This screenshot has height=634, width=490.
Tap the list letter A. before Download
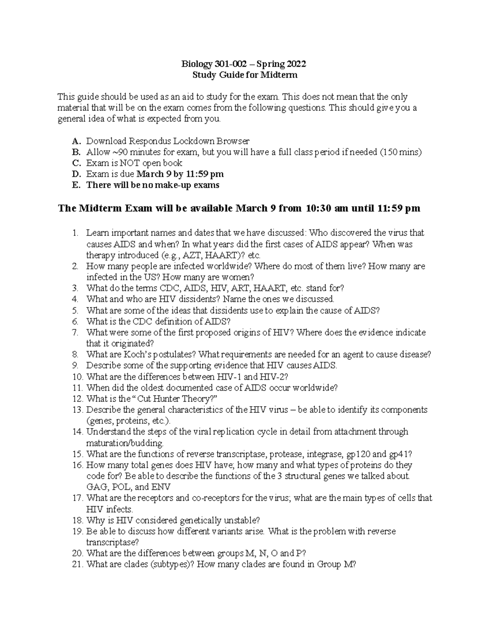coord(76,141)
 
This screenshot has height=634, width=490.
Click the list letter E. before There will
coord(76,185)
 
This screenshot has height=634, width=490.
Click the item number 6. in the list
coord(75,321)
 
